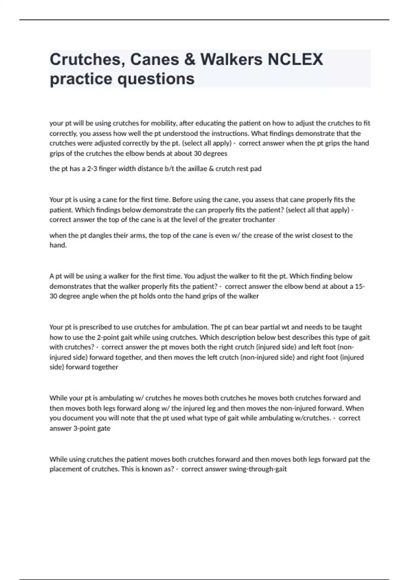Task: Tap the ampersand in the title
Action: (x=190, y=59)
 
